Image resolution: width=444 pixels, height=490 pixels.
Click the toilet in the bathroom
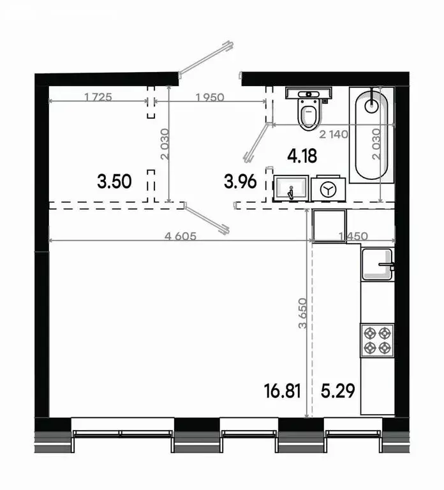point(307,110)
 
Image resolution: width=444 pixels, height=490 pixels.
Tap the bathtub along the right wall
point(371,135)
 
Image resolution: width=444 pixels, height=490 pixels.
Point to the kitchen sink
point(377,265)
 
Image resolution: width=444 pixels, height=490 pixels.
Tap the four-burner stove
point(376,339)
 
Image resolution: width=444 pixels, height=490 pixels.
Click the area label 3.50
point(114,182)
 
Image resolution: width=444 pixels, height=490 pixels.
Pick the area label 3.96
point(240,182)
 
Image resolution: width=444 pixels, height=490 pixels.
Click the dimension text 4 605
point(180,236)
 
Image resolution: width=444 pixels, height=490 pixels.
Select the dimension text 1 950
point(210,97)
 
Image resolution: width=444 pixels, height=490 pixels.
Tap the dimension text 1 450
point(352,236)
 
